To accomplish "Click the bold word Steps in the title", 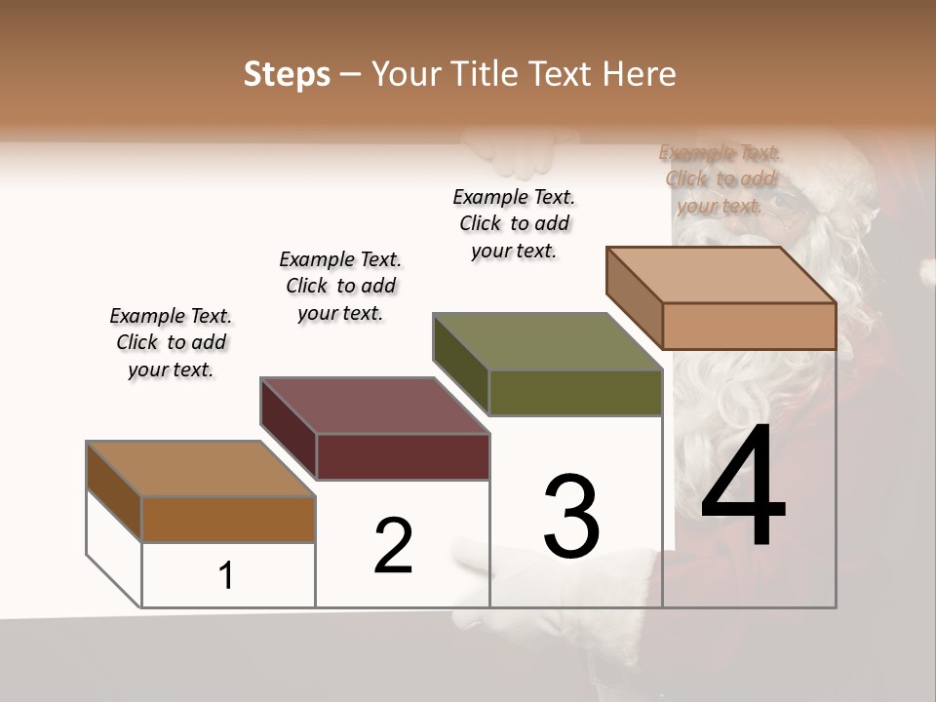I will point(287,75).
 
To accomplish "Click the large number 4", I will point(743,487).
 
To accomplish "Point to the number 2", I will point(394,546).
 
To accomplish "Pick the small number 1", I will point(226,576).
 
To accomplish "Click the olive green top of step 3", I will point(547,341).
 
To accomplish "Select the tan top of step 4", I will point(721,274).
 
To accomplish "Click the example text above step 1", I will point(171,342).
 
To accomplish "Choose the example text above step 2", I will point(340,286).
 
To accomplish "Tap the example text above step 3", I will point(514,223).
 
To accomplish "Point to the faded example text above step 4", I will point(720,178).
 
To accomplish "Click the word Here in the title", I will point(640,74).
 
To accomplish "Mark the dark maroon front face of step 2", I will point(403,456).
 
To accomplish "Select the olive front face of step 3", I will point(575,392).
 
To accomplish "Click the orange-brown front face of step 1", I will point(228,519).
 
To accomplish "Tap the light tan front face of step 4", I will point(749,326).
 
